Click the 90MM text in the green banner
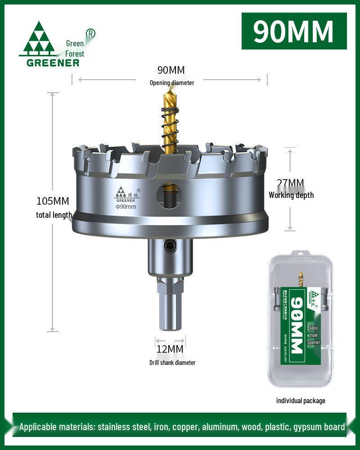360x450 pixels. (293, 31)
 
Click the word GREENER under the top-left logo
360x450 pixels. (53, 63)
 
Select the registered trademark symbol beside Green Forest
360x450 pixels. (90, 33)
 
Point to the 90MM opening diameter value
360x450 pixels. (171, 70)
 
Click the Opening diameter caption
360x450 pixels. (172, 83)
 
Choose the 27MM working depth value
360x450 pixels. (290, 183)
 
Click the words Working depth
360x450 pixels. (291, 195)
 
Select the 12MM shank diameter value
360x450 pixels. (170, 349)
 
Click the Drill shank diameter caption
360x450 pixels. (172, 362)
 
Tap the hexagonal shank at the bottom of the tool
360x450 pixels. (170, 306)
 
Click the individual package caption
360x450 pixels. (300, 400)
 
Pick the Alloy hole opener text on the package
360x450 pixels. (313, 335)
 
